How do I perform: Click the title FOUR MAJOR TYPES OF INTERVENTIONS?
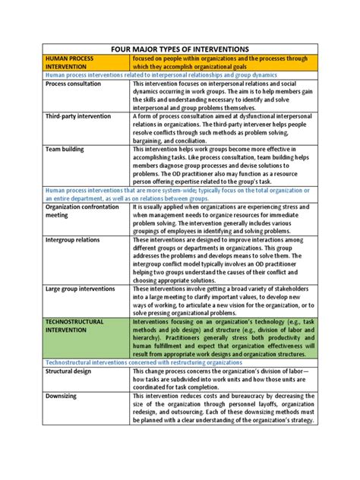[180, 49]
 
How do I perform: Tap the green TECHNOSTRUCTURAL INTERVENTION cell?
[81, 327]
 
